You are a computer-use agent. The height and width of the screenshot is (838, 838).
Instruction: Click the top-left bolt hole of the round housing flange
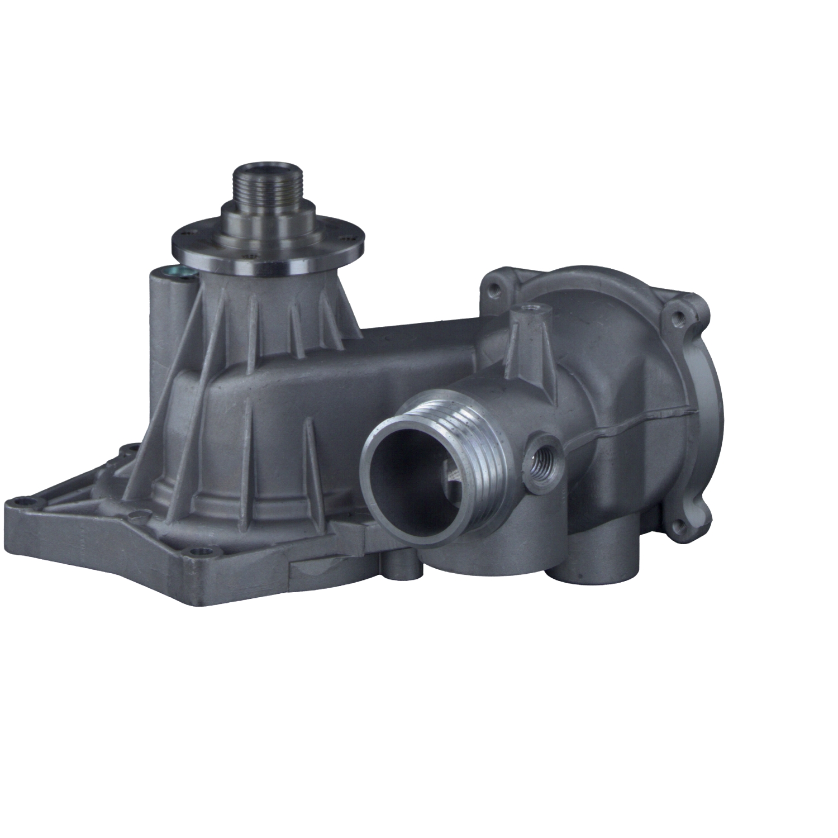493,290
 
